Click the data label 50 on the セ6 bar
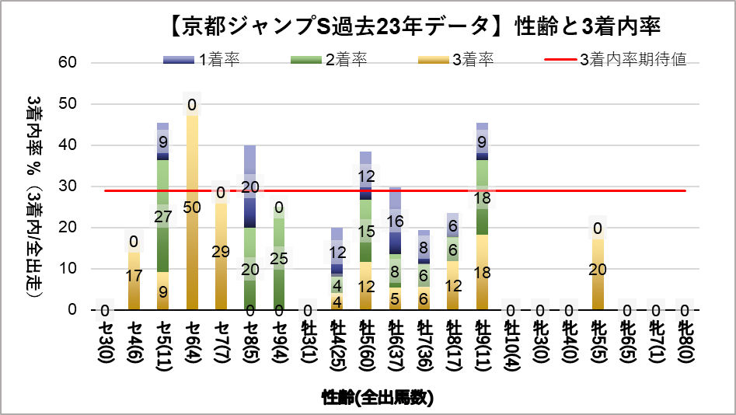192,207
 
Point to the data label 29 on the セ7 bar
221,252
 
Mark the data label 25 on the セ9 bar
279,260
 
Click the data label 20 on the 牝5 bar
598,270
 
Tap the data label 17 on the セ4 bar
134,275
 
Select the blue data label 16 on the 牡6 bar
395,222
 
